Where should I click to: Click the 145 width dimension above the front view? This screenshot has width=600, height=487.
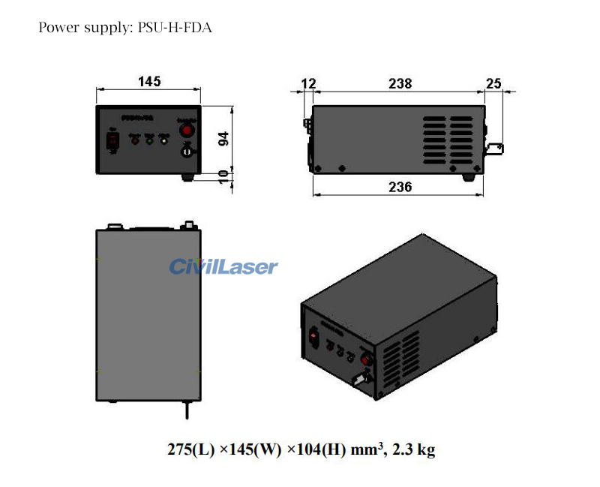pos(148,82)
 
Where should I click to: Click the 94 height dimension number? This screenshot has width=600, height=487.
pos(222,140)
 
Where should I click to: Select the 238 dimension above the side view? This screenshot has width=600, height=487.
pos(400,83)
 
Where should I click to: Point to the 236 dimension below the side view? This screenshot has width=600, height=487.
pos(400,187)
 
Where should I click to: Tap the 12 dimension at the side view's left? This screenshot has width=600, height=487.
pos(307,83)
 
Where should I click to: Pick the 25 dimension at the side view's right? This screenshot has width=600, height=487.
pos(493,83)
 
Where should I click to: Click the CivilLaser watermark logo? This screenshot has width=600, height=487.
pos(223,266)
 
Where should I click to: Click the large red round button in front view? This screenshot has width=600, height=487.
pos(186,130)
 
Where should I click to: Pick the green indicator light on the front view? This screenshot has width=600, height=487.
pos(149,140)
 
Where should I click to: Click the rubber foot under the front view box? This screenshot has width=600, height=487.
pos(188,177)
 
